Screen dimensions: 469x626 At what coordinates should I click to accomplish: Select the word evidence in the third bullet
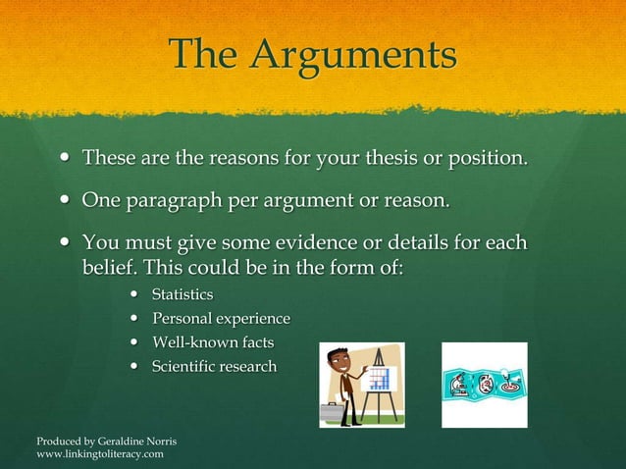[x=351, y=242]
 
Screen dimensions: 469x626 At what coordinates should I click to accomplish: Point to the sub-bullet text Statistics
[x=183, y=294]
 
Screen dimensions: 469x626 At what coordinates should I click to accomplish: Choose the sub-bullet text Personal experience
[x=221, y=319]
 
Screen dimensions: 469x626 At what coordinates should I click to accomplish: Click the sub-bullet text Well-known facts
[x=213, y=342]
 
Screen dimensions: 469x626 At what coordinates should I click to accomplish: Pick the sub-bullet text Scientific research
[x=214, y=367]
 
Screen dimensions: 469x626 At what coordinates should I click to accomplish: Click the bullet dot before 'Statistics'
[x=134, y=295]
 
